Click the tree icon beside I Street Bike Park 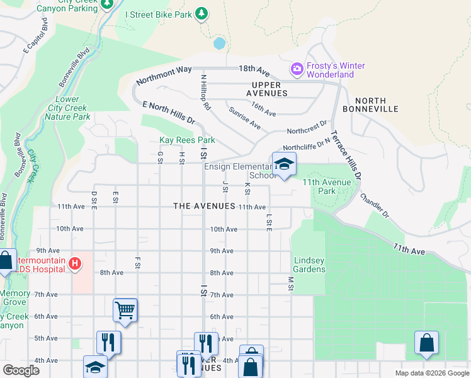(201, 13)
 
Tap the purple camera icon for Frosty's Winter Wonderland (297, 67)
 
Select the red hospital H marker (75, 263)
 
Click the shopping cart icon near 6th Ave (125, 309)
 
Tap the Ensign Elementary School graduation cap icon (284, 164)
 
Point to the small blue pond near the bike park (219, 43)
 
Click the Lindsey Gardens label (309, 265)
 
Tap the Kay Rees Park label (187, 140)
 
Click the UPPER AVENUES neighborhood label (270, 89)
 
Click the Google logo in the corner (21, 370)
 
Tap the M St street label (291, 283)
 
